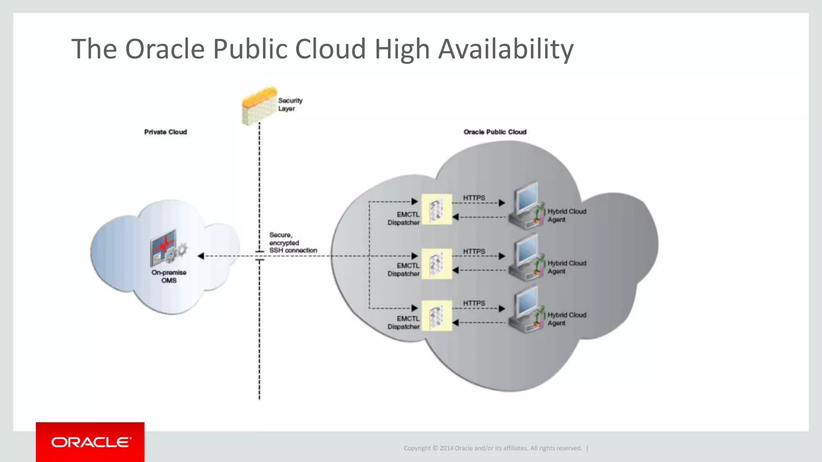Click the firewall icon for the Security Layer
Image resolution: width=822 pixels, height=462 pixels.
coord(258,106)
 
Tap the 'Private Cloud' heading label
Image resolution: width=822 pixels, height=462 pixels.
coord(165,132)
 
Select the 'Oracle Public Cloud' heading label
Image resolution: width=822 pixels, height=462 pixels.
coord(494,132)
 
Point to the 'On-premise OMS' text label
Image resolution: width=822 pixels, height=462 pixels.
coord(169,276)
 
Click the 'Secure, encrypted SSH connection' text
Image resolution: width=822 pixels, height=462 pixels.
coord(292,243)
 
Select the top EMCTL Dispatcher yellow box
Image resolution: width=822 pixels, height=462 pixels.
coord(437,209)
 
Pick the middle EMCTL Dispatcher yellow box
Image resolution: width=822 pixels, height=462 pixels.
coord(437,263)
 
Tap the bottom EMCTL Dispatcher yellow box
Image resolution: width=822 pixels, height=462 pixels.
coord(437,316)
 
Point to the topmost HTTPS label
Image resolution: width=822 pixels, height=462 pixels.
coord(474,198)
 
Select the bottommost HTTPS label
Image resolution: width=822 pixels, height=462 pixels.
coord(474,304)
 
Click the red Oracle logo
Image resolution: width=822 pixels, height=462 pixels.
coord(90,442)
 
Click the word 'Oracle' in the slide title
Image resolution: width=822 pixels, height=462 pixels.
coord(165,49)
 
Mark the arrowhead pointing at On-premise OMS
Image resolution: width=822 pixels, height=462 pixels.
coord(201,256)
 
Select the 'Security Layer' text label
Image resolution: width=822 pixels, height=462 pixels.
coord(290,104)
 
